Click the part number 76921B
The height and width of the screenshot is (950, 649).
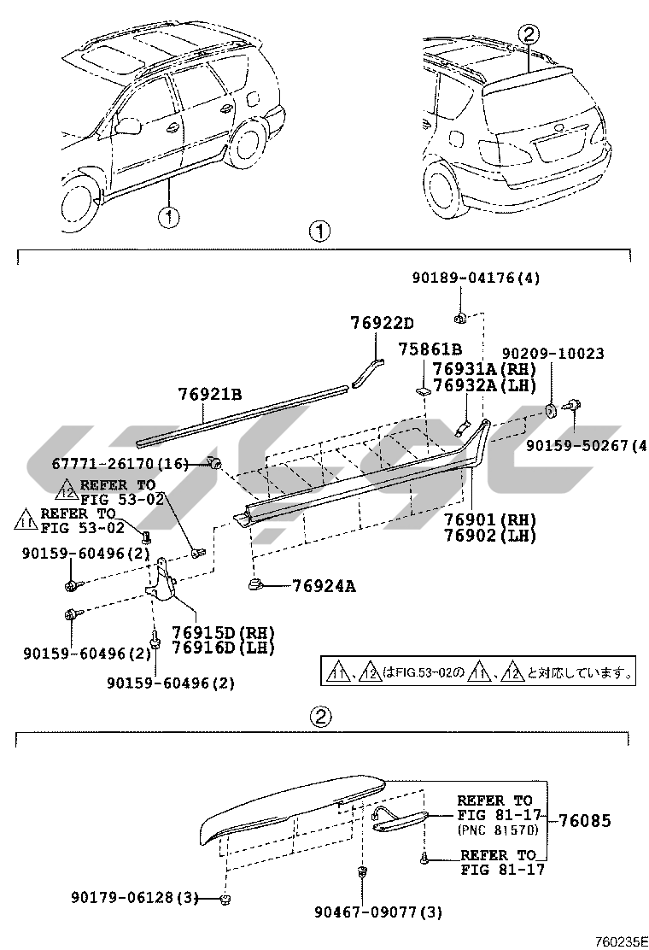[x=210, y=394]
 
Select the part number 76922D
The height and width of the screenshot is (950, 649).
[x=382, y=323]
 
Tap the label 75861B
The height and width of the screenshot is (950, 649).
[x=430, y=349]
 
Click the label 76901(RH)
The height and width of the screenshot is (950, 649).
[x=489, y=519]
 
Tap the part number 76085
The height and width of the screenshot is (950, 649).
[x=585, y=821]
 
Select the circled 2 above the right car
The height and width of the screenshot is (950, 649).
[x=529, y=33]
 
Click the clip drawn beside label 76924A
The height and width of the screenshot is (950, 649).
[x=255, y=584]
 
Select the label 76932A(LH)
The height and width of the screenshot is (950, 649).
[x=484, y=384]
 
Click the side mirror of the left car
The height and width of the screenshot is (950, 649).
[x=129, y=127]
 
